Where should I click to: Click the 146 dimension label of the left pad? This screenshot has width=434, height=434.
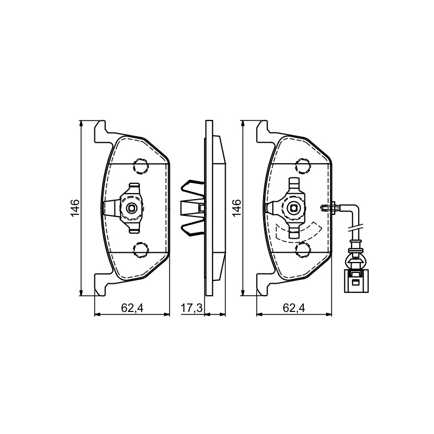point(75,208)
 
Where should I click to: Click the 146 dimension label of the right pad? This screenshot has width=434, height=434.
point(237,208)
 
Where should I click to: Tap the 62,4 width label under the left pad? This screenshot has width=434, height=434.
point(132,308)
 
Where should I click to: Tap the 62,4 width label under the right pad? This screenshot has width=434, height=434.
point(294,308)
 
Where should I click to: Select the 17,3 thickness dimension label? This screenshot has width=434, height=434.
point(192,308)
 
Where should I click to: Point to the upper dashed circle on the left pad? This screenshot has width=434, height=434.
point(141,166)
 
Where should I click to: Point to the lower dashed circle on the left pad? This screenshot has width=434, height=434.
point(141,250)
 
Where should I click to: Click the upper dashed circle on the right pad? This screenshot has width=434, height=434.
point(303,166)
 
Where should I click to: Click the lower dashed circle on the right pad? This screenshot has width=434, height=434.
point(303,250)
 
